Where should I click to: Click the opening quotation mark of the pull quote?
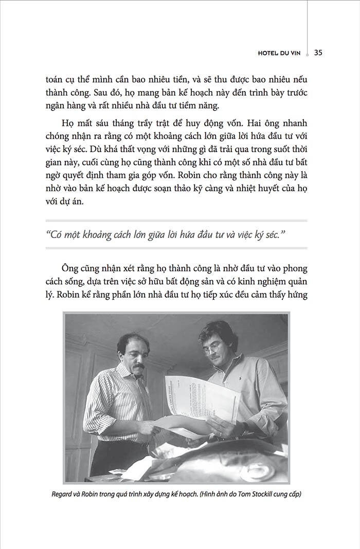click(x=48, y=234)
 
